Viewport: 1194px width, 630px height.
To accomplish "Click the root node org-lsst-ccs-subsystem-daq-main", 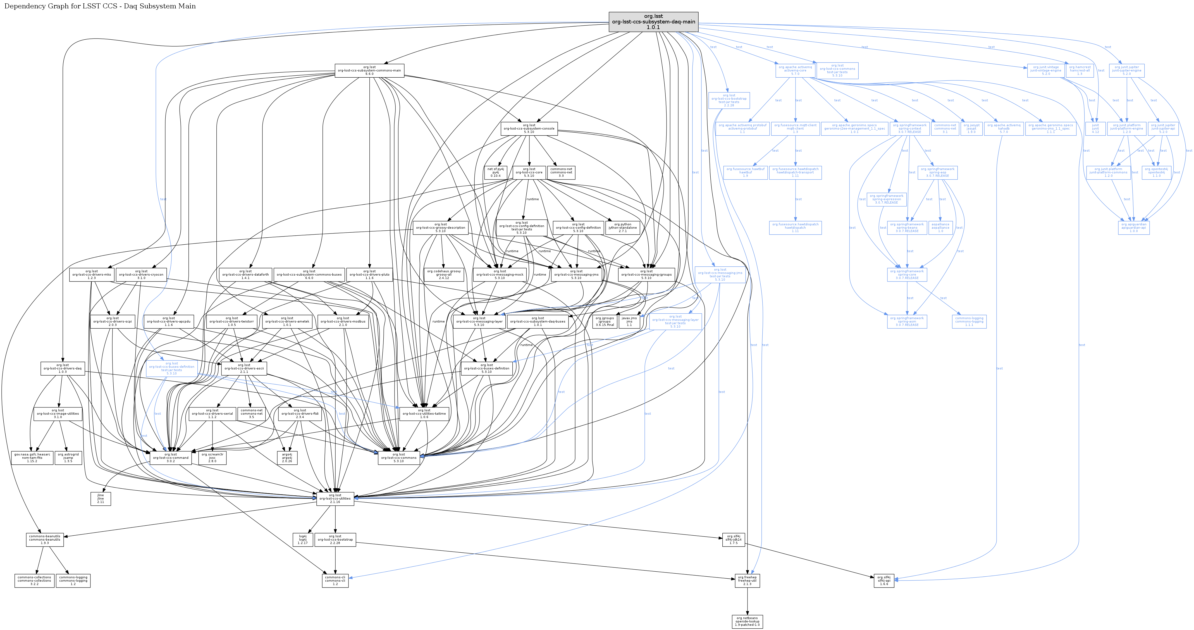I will point(653,22).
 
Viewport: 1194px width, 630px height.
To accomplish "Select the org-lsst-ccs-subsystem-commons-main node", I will point(369,70).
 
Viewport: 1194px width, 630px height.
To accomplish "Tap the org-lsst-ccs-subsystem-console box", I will point(529,128).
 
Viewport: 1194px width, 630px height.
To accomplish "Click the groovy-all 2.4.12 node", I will point(444,275).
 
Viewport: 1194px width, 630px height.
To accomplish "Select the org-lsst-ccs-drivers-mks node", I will point(91,275).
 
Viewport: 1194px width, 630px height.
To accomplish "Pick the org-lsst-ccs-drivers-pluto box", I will point(369,275).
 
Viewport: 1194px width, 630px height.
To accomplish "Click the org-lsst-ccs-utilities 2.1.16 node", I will point(335,498).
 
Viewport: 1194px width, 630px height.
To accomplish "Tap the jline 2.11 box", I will point(101,498).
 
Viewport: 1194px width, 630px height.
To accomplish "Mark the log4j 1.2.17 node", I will point(303,540).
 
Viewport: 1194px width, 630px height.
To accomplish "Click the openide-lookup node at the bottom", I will point(747,621).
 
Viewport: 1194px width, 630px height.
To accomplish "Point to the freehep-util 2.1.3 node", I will point(747,580).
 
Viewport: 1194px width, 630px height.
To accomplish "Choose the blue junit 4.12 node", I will point(1095,128).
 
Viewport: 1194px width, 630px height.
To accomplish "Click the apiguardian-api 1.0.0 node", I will point(1134,228).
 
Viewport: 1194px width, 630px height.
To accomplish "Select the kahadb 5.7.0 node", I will point(1004,128).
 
